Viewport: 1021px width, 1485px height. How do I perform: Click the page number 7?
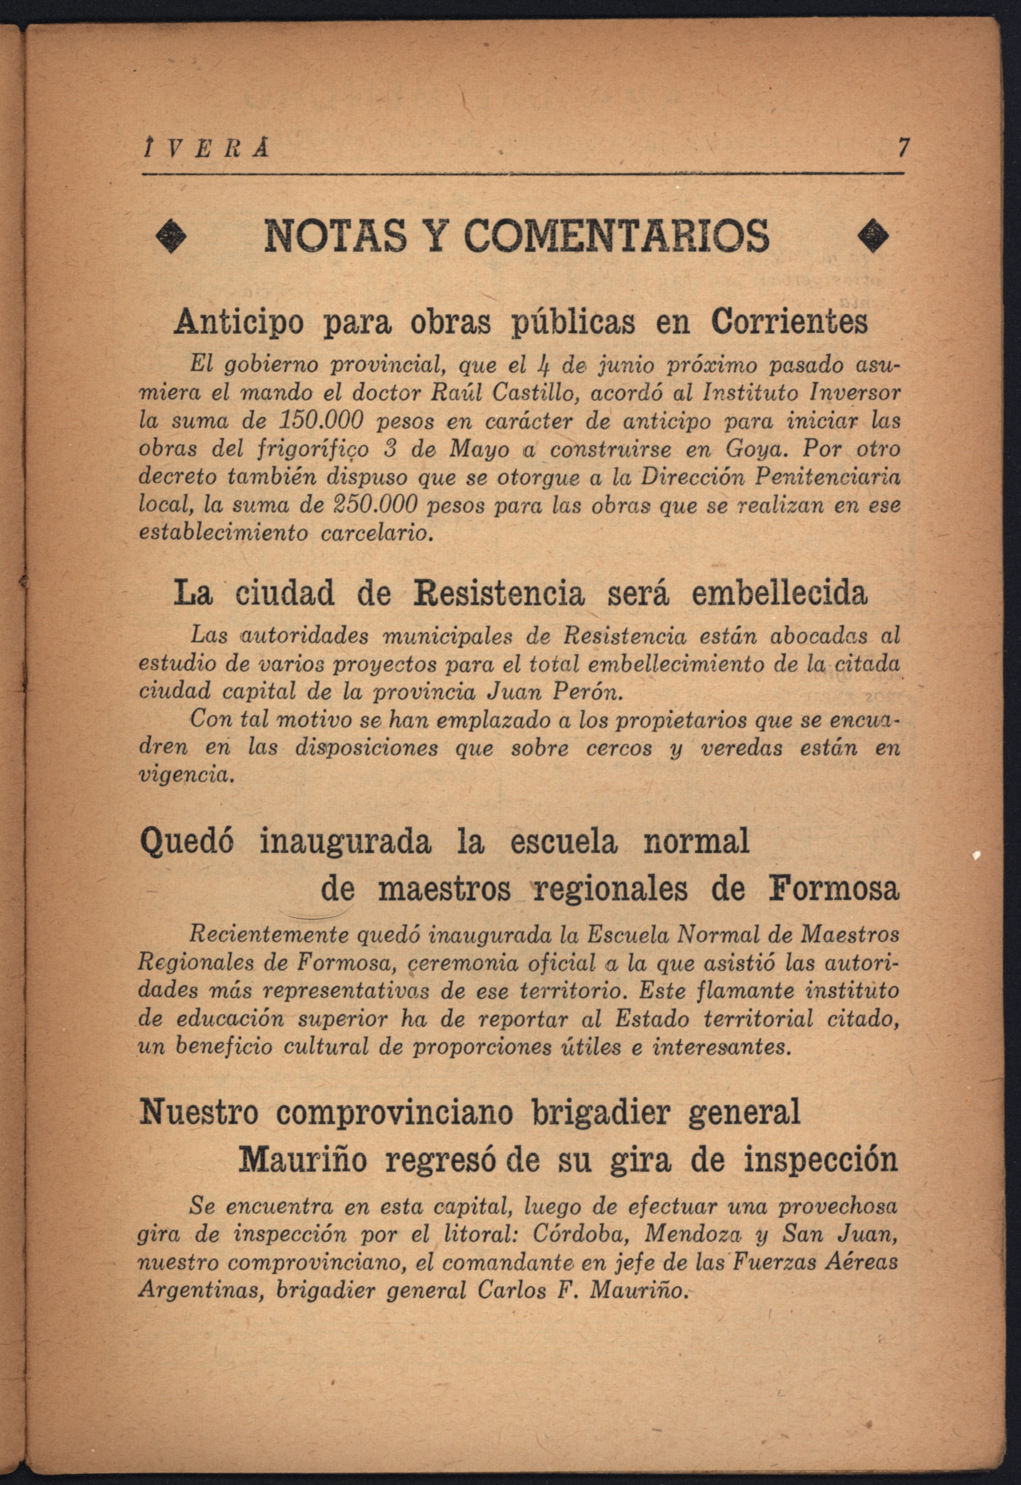point(903,148)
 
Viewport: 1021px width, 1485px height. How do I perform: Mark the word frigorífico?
point(317,450)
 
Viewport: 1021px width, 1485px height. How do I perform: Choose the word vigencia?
point(184,776)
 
